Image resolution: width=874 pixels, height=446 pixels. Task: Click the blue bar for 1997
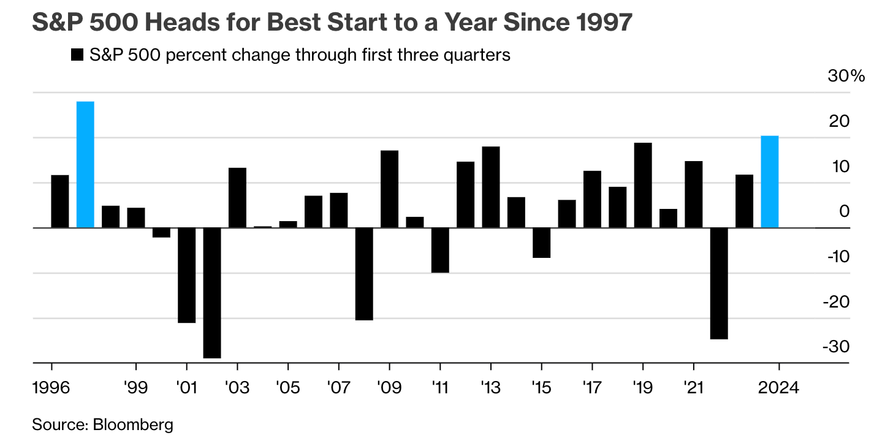pos(85,164)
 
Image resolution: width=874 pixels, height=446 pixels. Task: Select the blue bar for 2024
pos(769,181)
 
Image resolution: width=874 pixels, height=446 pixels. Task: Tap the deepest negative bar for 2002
pos(212,293)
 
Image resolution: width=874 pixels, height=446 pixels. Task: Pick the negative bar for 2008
pos(364,274)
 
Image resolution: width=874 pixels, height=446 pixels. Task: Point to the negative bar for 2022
pos(719,283)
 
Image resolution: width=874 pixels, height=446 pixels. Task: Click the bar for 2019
pos(643,185)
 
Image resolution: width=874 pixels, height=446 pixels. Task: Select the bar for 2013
pos(491,187)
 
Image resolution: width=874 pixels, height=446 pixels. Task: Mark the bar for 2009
pos(389,189)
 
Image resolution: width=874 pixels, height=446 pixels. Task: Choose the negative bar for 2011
pos(440,250)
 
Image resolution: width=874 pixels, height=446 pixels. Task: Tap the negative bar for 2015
pos(541,243)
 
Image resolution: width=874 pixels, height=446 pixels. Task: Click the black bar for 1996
pos(60,201)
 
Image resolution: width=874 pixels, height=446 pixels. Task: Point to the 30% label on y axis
pos(846,77)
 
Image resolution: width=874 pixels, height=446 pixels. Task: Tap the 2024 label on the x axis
pos(778,389)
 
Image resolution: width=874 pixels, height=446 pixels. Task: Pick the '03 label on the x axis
pos(237,389)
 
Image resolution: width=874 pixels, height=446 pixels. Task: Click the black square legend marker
pos(77,55)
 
